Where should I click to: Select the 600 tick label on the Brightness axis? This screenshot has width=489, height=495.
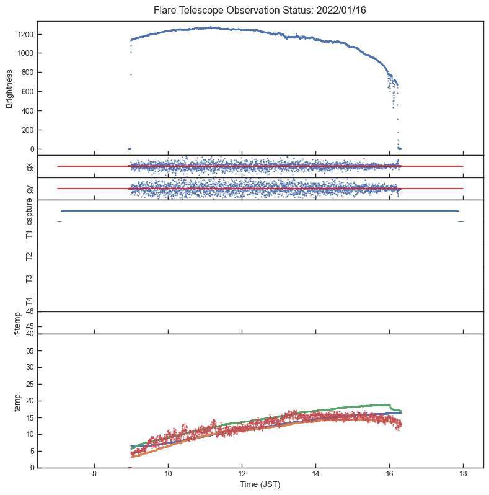coord(27,92)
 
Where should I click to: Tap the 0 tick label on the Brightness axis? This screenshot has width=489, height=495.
coord(32,149)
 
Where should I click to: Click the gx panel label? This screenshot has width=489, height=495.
coord(29,166)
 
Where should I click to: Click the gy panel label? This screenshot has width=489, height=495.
coord(29,189)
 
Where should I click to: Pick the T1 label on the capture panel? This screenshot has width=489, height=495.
coord(29,234)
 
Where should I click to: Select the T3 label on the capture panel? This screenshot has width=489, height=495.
coord(29,279)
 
